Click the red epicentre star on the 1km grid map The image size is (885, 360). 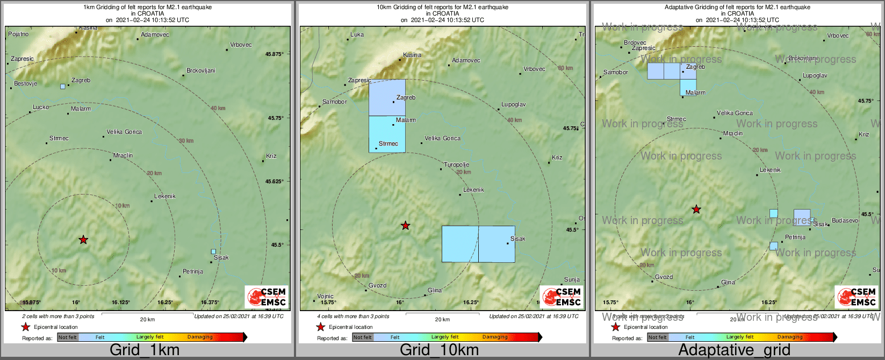tap(83, 240)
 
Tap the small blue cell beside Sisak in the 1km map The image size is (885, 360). tap(213, 251)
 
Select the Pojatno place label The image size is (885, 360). tap(18, 34)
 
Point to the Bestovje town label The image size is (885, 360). tap(25, 84)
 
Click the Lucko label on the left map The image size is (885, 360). tap(41, 107)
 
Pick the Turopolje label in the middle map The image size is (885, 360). tap(456, 165)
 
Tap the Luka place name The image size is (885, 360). tap(357, 35)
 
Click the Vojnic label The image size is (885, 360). tap(325, 296)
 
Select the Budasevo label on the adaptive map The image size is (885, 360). tap(845, 221)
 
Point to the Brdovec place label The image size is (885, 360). tap(635, 43)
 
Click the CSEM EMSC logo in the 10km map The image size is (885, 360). tap(562, 297)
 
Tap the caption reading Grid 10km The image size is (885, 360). tap(439, 350)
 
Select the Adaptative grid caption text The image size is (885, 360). tap(734, 350)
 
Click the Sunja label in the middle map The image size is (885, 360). tap(572, 280)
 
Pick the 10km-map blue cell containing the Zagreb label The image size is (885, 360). tap(387, 97)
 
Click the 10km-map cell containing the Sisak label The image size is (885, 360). tap(497, 244)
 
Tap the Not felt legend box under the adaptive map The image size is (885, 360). tap(657, 337)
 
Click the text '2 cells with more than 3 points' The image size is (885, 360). tap(58, 316)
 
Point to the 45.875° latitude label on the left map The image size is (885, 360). tap(274, 54)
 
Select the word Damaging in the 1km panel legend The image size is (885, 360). tap(200, 337)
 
